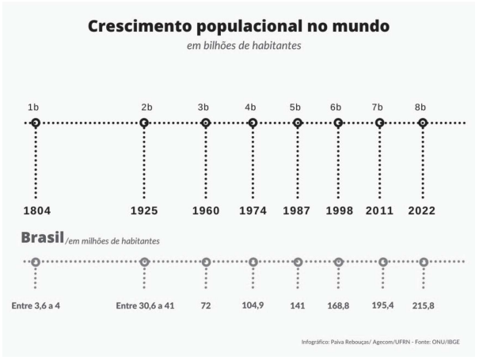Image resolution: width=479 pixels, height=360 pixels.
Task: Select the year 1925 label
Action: coord(144,210)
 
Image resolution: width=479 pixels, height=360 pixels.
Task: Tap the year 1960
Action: coord(206,210)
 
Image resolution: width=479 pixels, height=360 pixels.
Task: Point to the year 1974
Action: coord(253,210)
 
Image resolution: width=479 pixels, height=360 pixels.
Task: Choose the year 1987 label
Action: coord(297,210)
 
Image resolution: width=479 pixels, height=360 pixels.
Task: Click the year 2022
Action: coord(422,210)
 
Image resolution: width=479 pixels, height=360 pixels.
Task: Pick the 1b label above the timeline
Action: coord(33,107)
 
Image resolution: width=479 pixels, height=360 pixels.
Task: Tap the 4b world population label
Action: coord(250,107)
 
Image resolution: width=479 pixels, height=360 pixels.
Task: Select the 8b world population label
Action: coord(420,107)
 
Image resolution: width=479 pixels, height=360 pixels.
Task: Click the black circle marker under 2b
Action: coord(144,123)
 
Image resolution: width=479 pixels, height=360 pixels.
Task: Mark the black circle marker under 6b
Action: coord(338,123)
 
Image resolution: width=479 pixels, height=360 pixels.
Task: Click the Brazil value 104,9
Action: coord(253,305)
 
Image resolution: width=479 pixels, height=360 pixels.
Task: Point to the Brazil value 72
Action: coord(206,305)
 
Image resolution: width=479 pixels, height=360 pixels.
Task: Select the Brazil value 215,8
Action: coord(424,305)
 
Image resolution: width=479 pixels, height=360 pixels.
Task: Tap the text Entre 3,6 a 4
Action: coord(36,305)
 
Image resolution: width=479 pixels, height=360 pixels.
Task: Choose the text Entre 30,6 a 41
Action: coord(145,305)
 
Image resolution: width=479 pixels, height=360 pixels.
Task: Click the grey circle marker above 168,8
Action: coord(339,262)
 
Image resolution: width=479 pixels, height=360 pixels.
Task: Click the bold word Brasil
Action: coord(42,237)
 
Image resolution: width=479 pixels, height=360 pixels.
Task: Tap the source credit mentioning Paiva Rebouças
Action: coord(380,342)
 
